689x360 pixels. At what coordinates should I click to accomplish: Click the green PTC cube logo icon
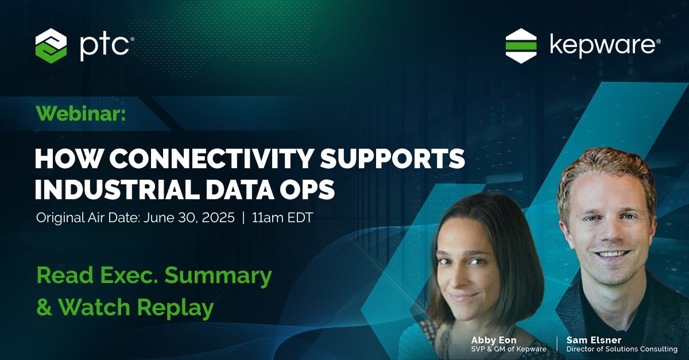click(51, 45)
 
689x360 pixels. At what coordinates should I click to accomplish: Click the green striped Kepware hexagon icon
click(521, 45)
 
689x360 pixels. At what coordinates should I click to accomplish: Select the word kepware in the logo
click(601, 46)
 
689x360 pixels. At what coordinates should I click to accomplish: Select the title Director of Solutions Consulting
click(622, 349)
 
